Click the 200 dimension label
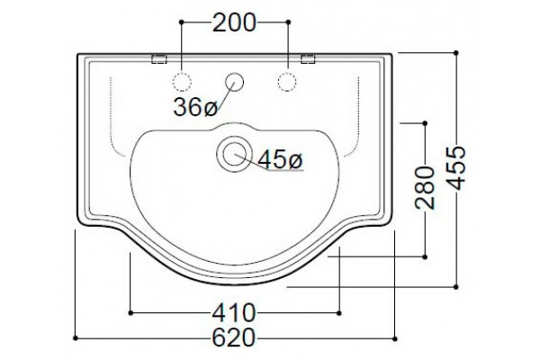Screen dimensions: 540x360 (x=234, y=22)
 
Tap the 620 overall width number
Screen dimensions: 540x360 (x=234, y=337)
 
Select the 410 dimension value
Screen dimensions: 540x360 (x=234, y=313)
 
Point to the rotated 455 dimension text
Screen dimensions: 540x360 (x=458, y=167)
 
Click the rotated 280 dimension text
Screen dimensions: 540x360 (x=425, y=188)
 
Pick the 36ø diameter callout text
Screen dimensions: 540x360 (x=195, y=107)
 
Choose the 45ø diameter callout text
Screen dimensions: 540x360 (x=280, y=160)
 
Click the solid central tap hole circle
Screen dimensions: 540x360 (x=234, y=82)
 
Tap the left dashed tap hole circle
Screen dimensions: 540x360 (x=182, y=82)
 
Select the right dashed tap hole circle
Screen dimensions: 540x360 (x=287, y=82)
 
